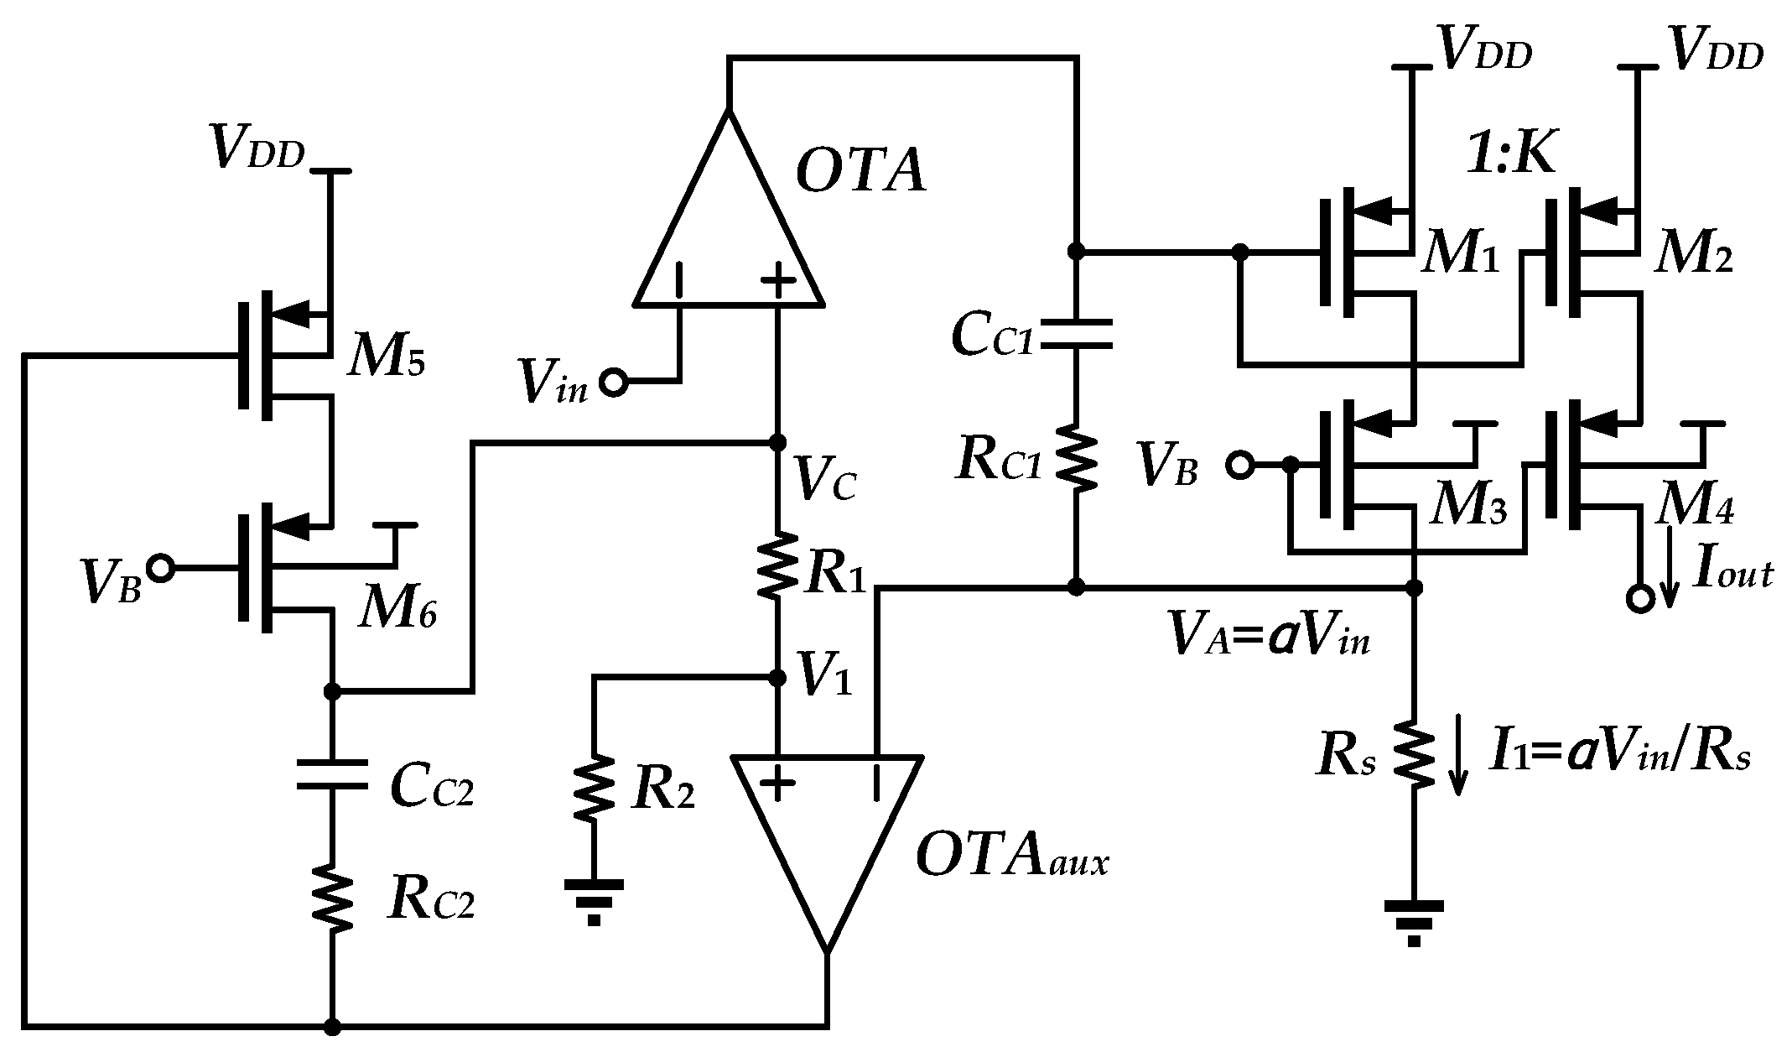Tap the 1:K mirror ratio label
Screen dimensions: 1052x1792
pos(1509,154)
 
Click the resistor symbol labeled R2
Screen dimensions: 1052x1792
pos(594,789)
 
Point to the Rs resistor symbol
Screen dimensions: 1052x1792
pos(1414,753)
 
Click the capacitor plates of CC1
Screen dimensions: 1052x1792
pos(1077,333)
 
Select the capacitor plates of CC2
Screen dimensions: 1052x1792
pos(332,774)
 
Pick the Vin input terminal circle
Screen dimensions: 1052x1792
pos(613,383)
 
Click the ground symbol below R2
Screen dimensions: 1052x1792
pos(594,899)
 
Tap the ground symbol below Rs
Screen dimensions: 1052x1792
pos(1414,920)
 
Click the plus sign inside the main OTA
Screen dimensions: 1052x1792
pos(778,283)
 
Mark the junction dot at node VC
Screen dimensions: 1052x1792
pos(778,441)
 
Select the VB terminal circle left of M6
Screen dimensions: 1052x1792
pos(159,569)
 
